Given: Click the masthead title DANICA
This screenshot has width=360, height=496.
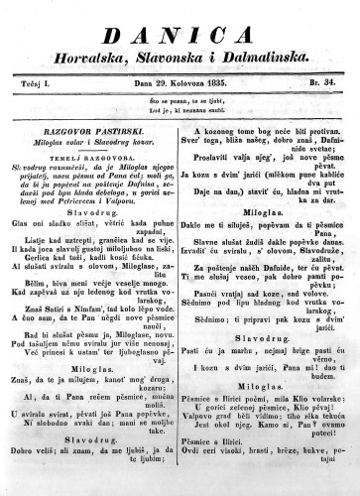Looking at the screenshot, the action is click(179, 20).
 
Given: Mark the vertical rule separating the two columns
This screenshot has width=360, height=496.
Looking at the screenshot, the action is click(180, 298).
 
